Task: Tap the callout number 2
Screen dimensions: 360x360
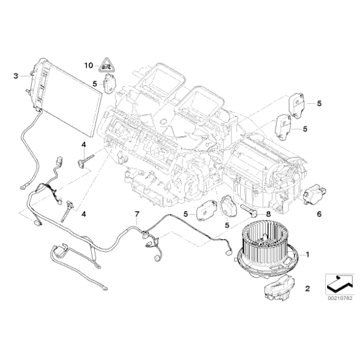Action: (306, 289)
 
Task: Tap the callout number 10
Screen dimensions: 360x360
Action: (89, 64)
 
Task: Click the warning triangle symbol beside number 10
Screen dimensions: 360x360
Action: (107, 63)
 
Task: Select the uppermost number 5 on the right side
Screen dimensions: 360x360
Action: (319, 103)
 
